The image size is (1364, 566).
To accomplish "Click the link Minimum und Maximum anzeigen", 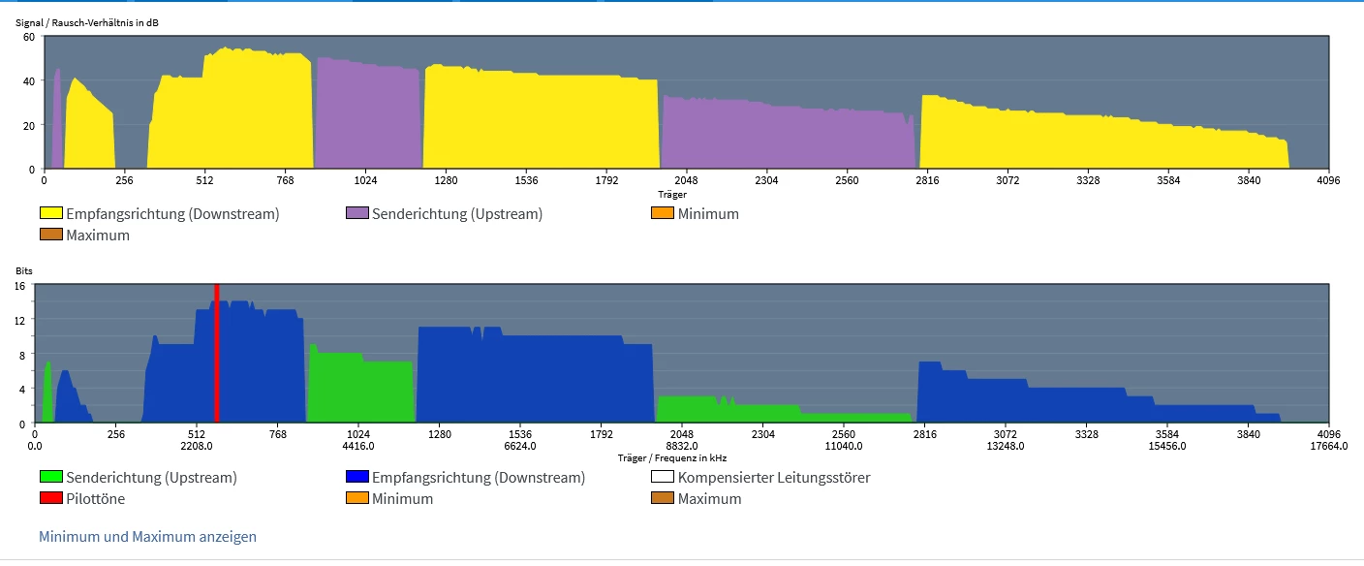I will click(x=147, y=536).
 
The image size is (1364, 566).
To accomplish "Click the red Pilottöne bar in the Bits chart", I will click(x=217, y=354).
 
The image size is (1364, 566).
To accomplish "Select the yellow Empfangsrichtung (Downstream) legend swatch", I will click(x=50, y=213).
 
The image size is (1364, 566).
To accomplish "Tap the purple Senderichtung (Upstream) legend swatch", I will click(x=356, y=213).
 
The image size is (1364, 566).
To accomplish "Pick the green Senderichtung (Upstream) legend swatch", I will click(x=50, y=477).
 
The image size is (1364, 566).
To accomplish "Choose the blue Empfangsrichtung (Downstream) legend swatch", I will click(x=356, y=477).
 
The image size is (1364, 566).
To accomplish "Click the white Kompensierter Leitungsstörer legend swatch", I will click(x=663, y=477).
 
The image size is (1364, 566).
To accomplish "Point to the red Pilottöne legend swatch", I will click(x=50, y=498).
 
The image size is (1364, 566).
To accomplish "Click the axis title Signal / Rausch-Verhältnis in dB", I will click(x=87, y=21).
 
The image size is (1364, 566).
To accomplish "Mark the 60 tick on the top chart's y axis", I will click(x=29, y=37).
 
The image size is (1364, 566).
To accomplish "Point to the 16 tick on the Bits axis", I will click(x=19, y=286).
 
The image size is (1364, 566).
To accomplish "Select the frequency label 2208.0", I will click(x=197, y=447).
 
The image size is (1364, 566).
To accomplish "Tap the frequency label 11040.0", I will click(x=843, y=447).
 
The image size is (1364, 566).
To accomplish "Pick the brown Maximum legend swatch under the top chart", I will click(x=50, y=235).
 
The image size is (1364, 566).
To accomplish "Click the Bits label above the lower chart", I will click(x=24, y=271).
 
